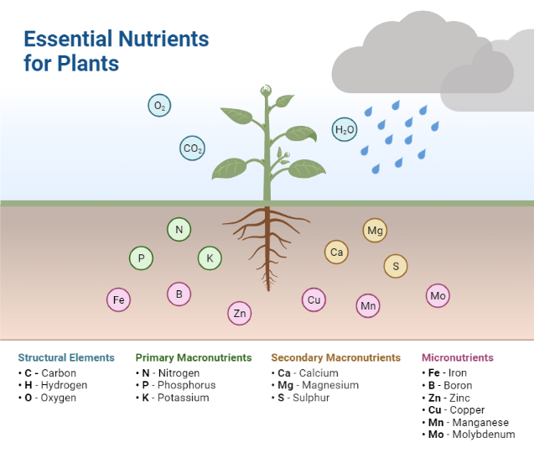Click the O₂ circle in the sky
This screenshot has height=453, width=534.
coord(159,106)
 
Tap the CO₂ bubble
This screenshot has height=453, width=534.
coord(193,148)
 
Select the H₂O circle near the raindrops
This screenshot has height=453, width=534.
coord(345,129)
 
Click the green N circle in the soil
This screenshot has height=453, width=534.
coord(179,229)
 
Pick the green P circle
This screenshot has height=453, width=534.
coord(141,258)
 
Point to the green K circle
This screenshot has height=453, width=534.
coord(210,258)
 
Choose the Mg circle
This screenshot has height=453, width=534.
coord(375,231)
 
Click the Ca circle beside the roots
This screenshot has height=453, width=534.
coord(336,253)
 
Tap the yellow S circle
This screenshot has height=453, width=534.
coord(396,266)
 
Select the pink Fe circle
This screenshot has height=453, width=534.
coord(118,300)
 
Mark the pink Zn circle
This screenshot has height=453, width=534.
coord(240,313)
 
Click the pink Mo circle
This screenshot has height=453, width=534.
coord(438,295)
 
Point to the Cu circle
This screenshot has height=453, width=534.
coord(314,300)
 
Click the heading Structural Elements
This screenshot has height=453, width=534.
coord(66,357)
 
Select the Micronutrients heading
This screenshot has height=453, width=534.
coord(458,357)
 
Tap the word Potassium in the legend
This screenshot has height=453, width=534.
coord(184,398)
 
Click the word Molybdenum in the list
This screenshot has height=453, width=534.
coord(484,435)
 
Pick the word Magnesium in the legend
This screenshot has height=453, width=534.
coord(330,385)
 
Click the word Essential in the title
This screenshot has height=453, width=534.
coord(68,39)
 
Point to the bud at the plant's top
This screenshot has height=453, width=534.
coord(266,91)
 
